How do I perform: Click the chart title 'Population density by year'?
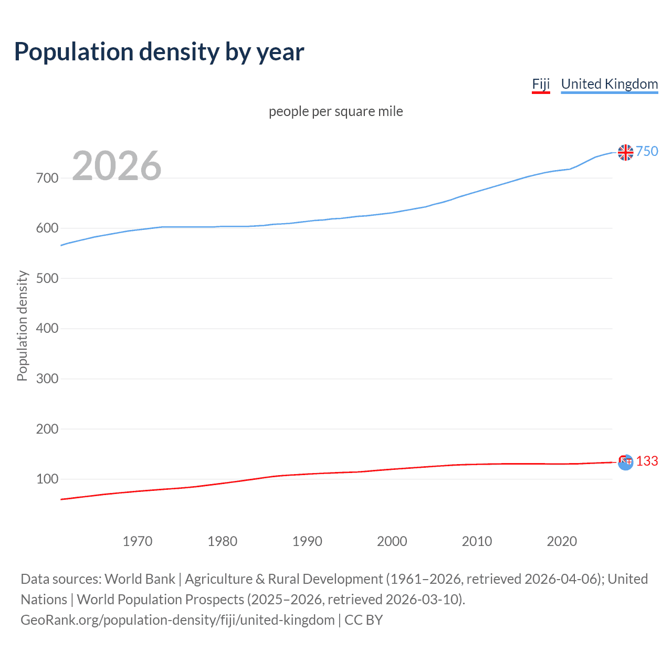coord(159,52)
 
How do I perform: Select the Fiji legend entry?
coord(541,84)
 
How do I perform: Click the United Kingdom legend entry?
coord(609,84)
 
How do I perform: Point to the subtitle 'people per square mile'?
coord(335,112)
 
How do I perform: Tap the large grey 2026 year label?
coord(117,166)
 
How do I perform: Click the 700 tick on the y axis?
coord(47,178)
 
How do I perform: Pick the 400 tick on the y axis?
coord(47,329)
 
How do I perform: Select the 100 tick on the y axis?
coord(47,479)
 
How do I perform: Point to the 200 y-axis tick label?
coord(47,429)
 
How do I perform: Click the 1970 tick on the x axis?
coord(138,541)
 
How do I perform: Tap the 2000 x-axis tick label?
coord(392,541)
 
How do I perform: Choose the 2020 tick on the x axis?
coord(562,541)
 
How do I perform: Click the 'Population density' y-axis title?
coord(22,325)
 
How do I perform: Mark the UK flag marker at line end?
coord(626,152)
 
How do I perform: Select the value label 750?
coord(647,152)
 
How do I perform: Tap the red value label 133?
coord(647,461)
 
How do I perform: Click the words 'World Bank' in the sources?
coord(140,579)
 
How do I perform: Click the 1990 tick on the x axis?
coord(307,541)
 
